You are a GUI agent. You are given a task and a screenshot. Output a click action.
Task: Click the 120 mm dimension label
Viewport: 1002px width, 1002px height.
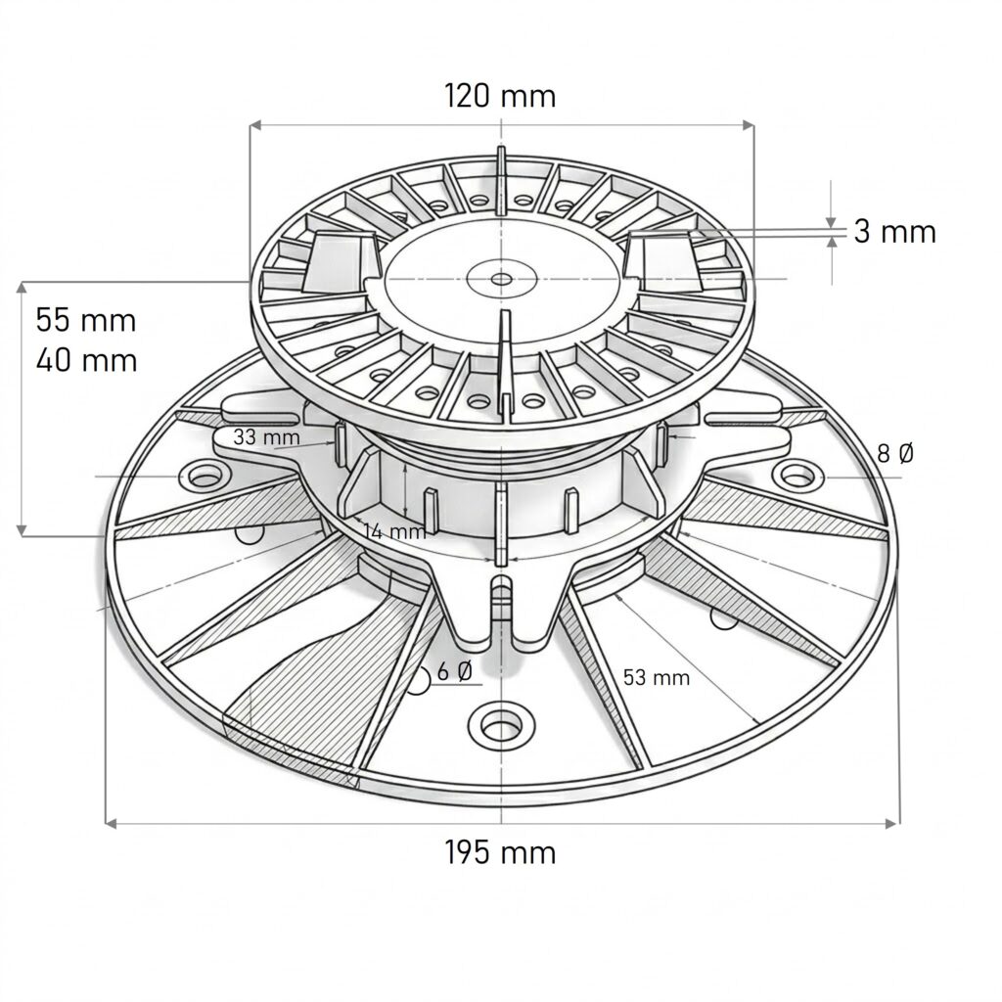[500, 96]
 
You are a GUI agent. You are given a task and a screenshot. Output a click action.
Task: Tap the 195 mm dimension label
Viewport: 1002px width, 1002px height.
[500, 852]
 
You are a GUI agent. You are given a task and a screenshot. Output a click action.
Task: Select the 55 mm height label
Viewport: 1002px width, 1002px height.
[86, 319]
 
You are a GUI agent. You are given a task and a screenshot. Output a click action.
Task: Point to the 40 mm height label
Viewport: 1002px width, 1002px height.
[86, 360]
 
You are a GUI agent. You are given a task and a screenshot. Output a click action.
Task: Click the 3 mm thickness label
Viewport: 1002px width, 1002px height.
[894, 232]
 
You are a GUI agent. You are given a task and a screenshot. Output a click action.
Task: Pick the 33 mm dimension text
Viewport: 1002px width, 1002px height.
[266, 437]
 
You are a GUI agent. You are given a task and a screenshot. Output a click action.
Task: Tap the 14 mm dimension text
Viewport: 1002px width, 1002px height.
[394, 531]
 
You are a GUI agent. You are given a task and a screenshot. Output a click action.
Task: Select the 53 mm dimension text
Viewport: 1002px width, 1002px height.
[657, 677]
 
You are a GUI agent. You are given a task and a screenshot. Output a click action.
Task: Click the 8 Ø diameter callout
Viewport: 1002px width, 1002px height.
[895, 453]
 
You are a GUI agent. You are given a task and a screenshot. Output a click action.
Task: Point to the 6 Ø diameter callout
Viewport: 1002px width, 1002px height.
[455, 671]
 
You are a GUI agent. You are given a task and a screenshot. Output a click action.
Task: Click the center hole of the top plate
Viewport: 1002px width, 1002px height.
[501, 279]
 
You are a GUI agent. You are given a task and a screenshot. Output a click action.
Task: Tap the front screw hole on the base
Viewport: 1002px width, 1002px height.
[501, 725]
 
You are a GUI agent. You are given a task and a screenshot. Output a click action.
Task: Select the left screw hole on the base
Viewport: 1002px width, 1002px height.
[205, 477]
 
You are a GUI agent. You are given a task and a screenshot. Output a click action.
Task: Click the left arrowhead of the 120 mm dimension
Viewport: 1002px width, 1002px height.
[255, 125]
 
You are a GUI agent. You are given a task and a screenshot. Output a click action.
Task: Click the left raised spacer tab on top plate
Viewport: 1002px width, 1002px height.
[342, 261]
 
